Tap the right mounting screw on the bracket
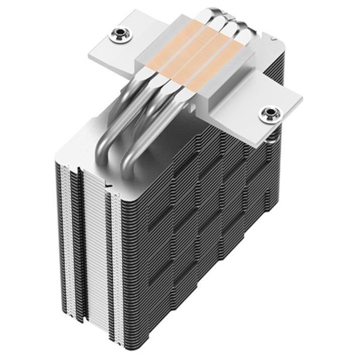click(x=269, y=112)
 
